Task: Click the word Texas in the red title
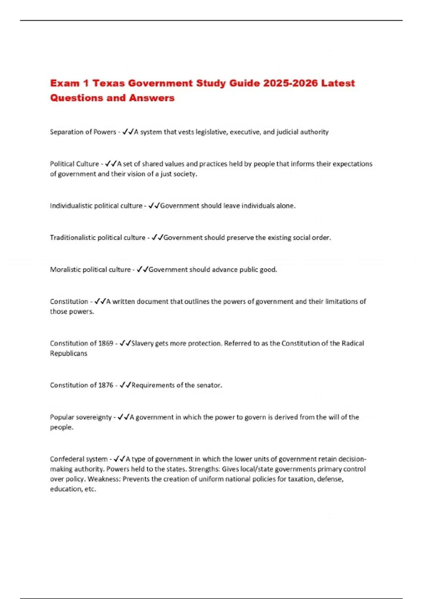coord(108,83)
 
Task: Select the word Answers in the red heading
coord(152,98)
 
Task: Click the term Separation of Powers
coord(83,132)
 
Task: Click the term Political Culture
coord(74,164)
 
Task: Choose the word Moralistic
coord(65,270)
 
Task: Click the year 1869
coord(106,343)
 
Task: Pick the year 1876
coord(106,385)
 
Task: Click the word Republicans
coord(68,353)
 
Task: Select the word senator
coord(209,385)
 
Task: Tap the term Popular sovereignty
coord(81,417)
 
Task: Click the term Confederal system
coord(79,459)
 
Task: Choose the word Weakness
coord(104,479)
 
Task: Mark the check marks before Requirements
coord(125,385)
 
